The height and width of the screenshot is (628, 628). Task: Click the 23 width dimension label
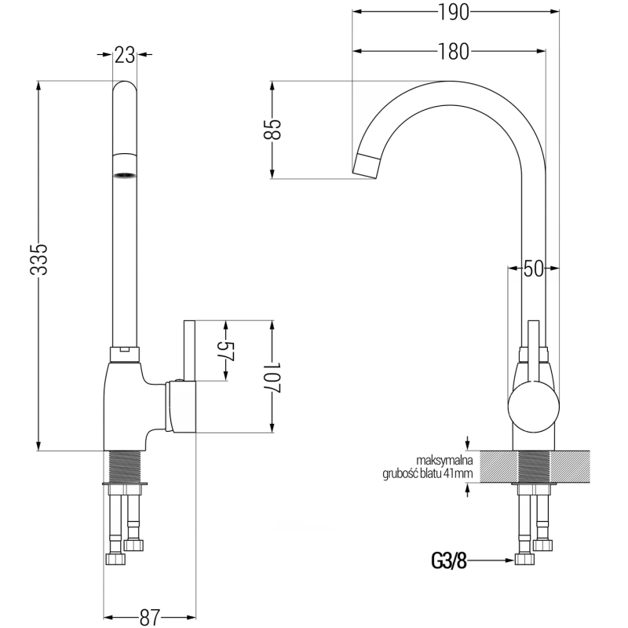point(124,54)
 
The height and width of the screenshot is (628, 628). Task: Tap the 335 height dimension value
point(39,259)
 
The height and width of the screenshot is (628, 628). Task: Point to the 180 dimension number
point(453,52)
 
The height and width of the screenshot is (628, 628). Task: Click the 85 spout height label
point(272,130)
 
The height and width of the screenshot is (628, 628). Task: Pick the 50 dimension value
point(534,268)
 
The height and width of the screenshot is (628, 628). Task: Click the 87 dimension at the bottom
point(151,615)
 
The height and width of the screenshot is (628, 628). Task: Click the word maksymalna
point(444,461)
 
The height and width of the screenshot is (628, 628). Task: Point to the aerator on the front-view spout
point(124,175)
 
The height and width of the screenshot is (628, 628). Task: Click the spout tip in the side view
point(366,165)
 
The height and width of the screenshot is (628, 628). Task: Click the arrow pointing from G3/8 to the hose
point(491,560)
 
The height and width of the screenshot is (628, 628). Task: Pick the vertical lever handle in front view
point(188,350)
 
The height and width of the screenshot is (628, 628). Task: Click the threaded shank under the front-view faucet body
point(124,468)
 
